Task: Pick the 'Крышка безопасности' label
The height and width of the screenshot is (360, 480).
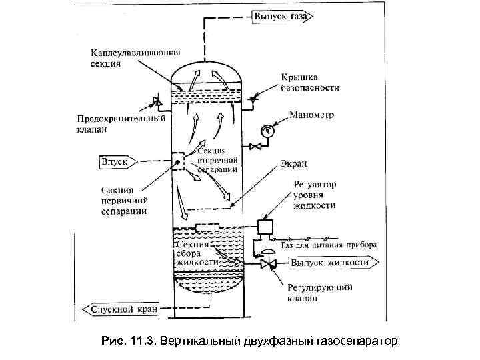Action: [x=309, y=82]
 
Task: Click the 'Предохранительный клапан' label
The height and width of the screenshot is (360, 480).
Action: [x=120, y=125]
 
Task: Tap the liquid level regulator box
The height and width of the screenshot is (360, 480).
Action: [x=266, y=227]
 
